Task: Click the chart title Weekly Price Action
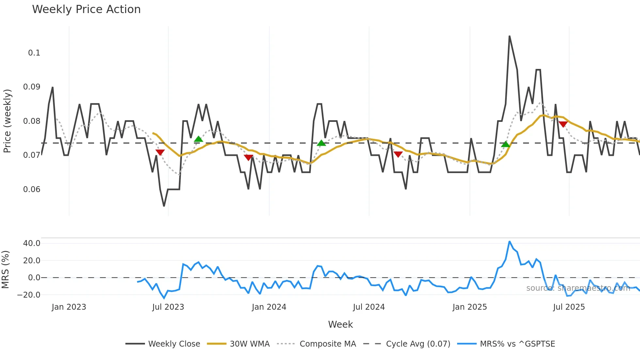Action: pos(86,9)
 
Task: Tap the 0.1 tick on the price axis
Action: pos(34,53)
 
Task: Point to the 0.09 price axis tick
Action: pos(32,87)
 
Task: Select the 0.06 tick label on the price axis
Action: pos(32,189)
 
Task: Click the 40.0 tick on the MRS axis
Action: pos(32,243)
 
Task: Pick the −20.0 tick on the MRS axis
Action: pos(29,295)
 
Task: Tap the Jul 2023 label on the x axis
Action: pos(168,307)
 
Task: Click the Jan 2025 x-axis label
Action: pos(470,307)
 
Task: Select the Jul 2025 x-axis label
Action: pos(569,307)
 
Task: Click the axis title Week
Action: pos(340,324)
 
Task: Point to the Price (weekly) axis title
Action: pos(7,121)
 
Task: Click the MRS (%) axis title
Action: pos(5,270)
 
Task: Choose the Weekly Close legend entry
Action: pos(174,344)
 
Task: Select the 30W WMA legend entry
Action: pos(249,344)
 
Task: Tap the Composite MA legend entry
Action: pos(328,344)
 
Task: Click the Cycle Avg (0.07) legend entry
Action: pos(418,344)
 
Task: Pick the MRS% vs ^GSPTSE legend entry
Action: pos(517,344)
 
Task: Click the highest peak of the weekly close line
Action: pos(509,36)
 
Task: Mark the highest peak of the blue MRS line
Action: pos(509,241)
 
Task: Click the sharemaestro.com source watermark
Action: pos(578,288)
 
